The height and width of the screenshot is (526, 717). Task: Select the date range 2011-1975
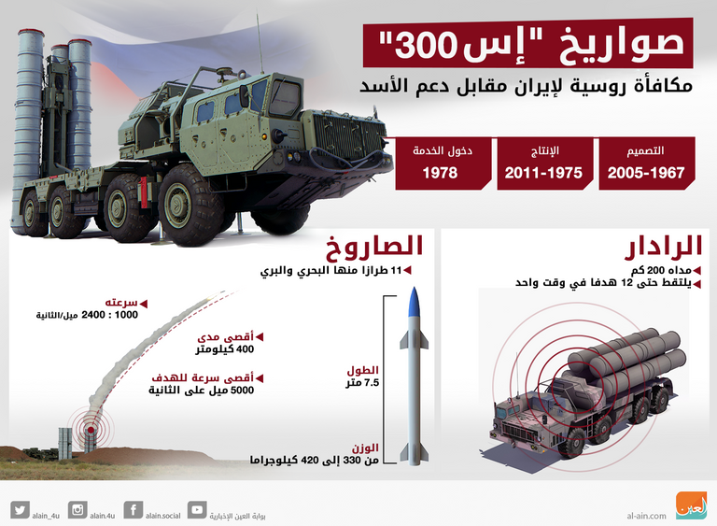tap(543, 174)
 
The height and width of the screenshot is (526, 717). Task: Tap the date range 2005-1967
tap(646, 174)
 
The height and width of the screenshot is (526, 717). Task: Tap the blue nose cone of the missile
tap(415, 302)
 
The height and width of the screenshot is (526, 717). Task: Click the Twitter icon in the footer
tap(20, 509)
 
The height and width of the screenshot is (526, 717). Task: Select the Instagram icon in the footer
tap(77, 509)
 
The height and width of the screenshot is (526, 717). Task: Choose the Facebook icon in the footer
tap(134, 509)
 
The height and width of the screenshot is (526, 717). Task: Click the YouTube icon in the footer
tap(196, 509)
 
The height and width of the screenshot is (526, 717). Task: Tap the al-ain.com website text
tap(647, 515)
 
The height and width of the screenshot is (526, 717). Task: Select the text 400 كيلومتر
tap(226, 349)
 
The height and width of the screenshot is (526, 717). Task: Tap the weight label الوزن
tap(366, 448)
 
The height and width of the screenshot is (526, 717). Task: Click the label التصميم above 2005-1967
tap(646, 150)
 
